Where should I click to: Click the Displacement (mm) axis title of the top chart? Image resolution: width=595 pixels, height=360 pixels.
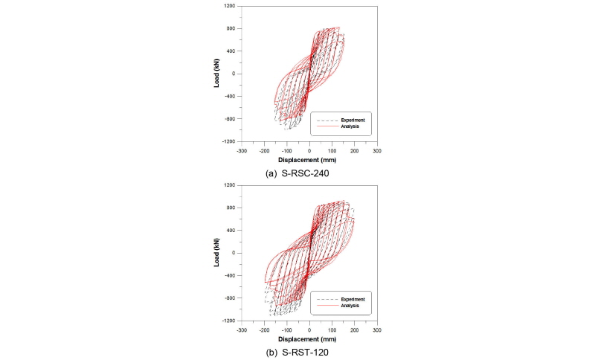point(309,160)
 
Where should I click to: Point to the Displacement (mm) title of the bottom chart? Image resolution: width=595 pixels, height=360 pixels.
point(309,338)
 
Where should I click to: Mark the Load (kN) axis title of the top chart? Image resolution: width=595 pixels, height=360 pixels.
point(216,74)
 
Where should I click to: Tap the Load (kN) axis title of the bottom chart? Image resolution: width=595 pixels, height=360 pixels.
point(216,253)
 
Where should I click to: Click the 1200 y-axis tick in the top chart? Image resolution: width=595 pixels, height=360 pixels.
point(231,6)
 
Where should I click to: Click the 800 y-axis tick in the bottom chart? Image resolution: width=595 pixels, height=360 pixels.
point(232,208)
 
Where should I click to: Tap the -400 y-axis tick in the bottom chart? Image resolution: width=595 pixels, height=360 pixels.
point(231,275)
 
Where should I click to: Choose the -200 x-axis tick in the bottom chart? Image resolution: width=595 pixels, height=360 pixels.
point(264,329)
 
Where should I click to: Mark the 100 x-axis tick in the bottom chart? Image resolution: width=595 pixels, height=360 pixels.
point(332,329)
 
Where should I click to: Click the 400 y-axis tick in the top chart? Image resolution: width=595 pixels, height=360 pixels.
point(232,51)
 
